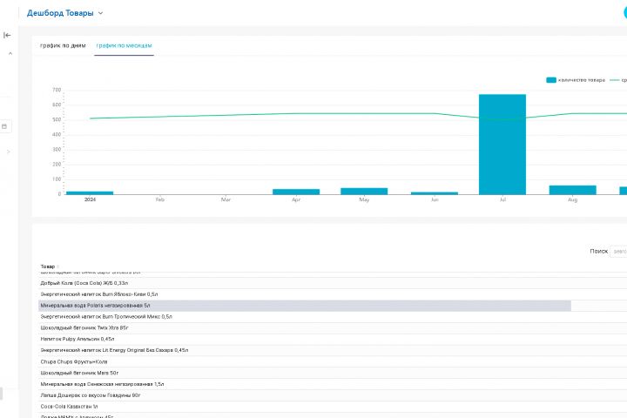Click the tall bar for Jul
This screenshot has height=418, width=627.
pos(502,144)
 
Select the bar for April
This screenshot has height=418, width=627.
pos(296,192)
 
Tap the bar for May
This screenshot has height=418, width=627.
pos(364,191)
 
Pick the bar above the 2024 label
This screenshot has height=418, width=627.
pos(90,192)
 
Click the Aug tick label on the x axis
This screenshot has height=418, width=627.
pos(572,200)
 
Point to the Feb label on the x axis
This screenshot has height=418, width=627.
pos(160,200)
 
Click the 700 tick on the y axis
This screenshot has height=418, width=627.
pos(56,90)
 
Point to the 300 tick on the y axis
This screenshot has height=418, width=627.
pos(56,150)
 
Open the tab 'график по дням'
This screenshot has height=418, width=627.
pos(63,45)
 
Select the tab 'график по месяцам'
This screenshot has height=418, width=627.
pos(125,45)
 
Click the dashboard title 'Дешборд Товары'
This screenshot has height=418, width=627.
pos(61,13)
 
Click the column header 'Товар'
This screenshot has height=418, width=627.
pos(47,266)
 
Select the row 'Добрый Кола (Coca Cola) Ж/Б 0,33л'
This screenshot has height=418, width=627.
pos(84,283)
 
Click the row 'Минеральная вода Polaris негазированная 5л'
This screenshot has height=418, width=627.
pos(95,306)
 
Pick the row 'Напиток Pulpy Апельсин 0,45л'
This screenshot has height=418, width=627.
pos(78,339)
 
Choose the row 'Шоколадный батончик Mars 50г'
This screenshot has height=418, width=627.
pos(79,373)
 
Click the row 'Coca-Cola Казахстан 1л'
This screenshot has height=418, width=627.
pos(70,406)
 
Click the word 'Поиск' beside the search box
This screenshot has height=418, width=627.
pos(598,251)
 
